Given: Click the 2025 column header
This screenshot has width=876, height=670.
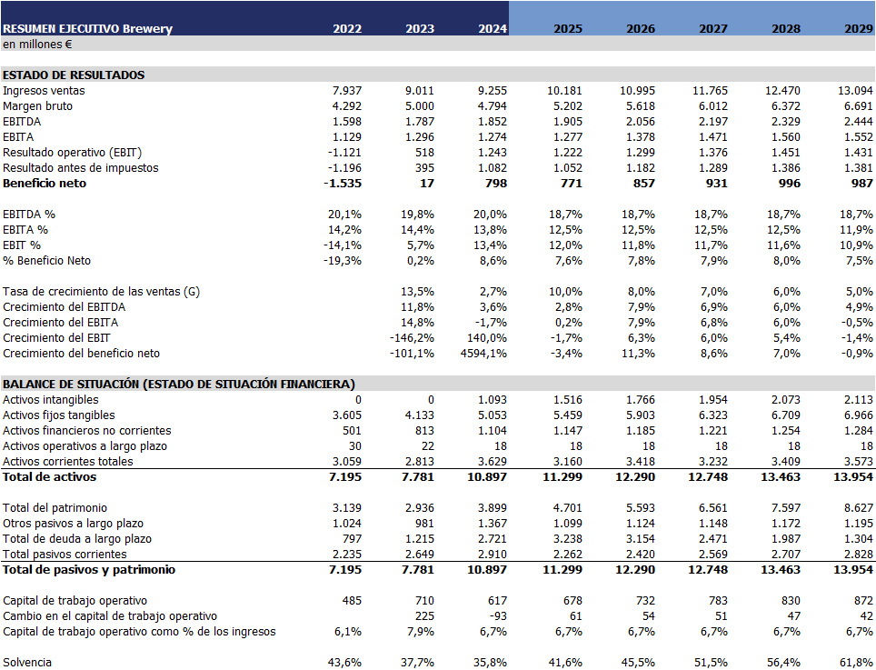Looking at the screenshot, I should tap(568, 28).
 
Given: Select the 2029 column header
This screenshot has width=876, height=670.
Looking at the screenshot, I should tap(858, 28).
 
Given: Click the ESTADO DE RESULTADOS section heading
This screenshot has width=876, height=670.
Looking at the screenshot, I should tap(74, 75).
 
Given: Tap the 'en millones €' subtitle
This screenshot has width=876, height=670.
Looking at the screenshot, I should tap(37, 44).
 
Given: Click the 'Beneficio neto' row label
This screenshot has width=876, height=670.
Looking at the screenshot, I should tap(45, 184).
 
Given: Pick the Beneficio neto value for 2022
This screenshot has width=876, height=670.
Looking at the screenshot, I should tap(343, 184).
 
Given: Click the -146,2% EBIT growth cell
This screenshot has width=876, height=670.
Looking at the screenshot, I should tap(413, 338).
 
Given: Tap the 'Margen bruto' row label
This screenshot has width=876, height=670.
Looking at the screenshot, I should tap(37, 106).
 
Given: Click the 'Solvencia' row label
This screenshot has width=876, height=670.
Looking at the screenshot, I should tap(27, 663).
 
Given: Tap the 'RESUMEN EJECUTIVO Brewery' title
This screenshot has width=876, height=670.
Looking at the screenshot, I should tap(87, 28).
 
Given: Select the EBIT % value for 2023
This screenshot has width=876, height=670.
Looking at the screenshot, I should tap(419, 245).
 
